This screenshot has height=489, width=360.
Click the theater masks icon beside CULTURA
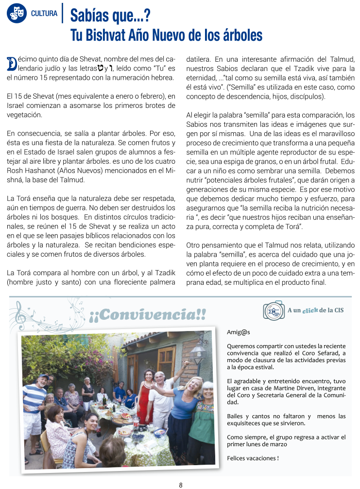click(x=17, y=13)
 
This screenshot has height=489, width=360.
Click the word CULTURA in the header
click(x=44, y=13)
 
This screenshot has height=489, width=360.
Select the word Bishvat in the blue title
click(x=114, y=35)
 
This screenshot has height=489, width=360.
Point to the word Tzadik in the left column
click(x=165, y=272)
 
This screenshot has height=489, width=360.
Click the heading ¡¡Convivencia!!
click(x=148, y=314)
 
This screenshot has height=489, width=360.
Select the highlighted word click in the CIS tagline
click(x=310, y=310)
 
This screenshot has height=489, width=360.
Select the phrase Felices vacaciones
click(x=253, y=458)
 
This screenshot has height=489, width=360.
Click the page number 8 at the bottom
click(x=181, y=485)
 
